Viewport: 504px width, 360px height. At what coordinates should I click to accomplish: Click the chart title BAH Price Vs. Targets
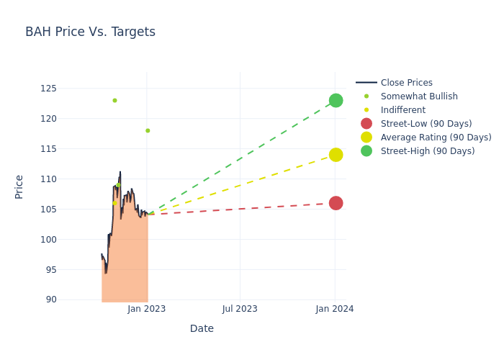[x=90, y=32]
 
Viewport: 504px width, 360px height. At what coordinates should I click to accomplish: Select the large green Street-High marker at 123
[x=336, y=100]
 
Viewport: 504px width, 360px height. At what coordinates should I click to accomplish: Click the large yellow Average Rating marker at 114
[x=336, y=155]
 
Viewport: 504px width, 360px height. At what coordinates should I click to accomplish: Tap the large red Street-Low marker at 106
[x=336, y=203]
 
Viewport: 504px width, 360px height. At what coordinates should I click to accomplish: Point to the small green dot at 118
[x=148, y=130]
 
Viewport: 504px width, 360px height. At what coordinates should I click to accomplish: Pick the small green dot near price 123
[x=114, y=100]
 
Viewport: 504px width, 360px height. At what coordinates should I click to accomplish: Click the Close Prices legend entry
[x=406, y=83]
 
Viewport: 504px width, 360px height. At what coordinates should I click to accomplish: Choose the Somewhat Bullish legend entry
[x=418, y=96]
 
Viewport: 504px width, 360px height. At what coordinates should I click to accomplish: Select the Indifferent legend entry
[x=402, y=110]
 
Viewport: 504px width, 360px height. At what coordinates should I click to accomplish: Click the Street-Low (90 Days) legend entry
[x=426, y=124]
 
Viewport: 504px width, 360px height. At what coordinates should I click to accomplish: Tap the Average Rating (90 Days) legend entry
[x=436, y=138]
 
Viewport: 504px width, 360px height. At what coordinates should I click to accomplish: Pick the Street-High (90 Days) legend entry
[x=427, y=151]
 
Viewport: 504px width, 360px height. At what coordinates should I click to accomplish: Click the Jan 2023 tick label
[x=147, y=309]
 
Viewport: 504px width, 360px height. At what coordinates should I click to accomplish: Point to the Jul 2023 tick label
[x=240, y=309]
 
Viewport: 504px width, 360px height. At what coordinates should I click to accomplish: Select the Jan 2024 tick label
[x=335, y=309]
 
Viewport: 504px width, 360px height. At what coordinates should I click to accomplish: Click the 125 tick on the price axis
[x=48, y=89]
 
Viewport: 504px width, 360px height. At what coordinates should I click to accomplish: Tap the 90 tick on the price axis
[x=50, y=300]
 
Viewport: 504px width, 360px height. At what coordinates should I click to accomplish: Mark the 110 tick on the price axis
[x=48, y=179]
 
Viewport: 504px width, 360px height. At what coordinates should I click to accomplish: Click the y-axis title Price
[x=19, y=186]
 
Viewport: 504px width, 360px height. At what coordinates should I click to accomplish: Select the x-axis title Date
[x=202, y=329]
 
